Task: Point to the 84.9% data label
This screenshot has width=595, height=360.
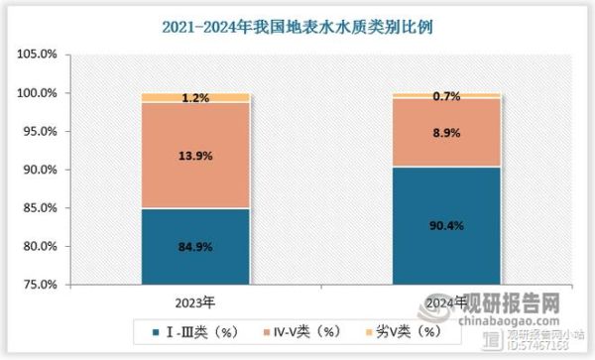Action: (194, 246)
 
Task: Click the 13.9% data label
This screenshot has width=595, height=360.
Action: (194, 156)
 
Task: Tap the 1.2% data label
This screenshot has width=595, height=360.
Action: (194, 98)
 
